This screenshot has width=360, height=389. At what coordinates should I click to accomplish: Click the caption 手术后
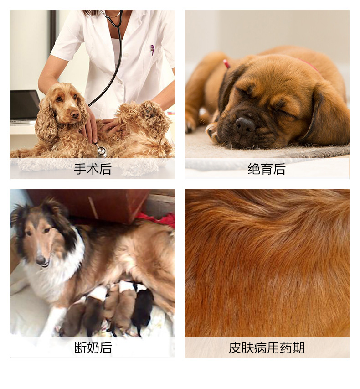93,169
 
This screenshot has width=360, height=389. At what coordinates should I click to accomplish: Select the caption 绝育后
267,169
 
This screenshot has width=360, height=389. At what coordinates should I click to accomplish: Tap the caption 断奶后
93,348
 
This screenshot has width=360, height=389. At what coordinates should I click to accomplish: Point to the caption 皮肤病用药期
267,348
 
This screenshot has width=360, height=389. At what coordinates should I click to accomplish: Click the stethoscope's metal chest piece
102,151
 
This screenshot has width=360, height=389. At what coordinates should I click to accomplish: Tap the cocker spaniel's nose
75,114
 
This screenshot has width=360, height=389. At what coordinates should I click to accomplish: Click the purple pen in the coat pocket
152,49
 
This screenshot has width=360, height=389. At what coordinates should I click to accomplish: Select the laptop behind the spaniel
24,106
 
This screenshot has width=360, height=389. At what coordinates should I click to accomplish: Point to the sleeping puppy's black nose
245,126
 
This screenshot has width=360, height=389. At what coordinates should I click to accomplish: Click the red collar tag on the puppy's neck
226,64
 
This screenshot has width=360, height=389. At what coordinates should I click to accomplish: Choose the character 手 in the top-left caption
80,169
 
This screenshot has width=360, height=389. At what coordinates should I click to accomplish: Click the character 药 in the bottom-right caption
286,348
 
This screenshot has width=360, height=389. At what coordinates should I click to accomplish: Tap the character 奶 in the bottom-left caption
93,348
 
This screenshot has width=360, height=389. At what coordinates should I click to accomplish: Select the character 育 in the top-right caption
267,169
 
